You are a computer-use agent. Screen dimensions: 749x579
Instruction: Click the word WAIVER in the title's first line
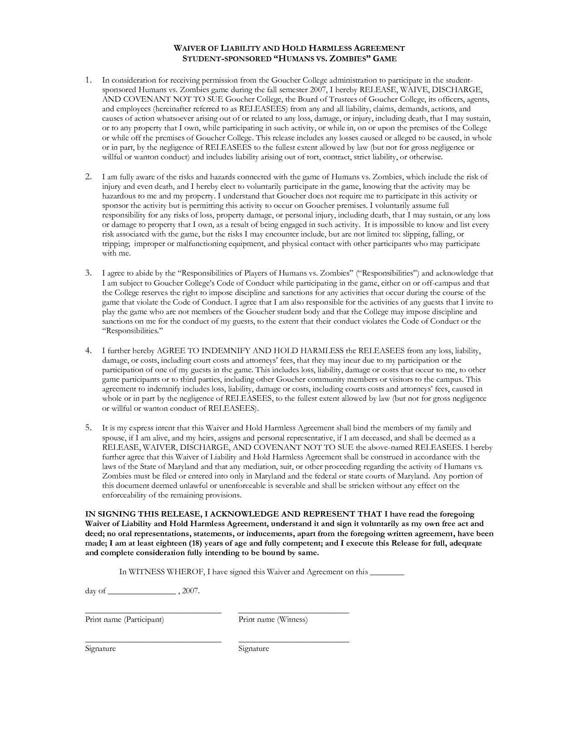point(188,48)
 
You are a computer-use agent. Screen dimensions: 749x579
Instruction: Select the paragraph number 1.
point(88,80)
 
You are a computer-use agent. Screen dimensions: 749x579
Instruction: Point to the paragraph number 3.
point(88,273)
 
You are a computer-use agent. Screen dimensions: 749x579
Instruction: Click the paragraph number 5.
point(88,428)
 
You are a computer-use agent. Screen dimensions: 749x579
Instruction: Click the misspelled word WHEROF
point(185,572)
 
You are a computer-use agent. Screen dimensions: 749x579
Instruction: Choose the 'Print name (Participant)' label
point(124,620)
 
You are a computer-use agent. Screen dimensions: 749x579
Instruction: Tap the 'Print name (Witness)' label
point(273,620)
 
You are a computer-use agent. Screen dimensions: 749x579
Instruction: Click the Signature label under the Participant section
point(100,649)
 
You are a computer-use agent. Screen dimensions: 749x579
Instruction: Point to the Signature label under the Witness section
point(254,649)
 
